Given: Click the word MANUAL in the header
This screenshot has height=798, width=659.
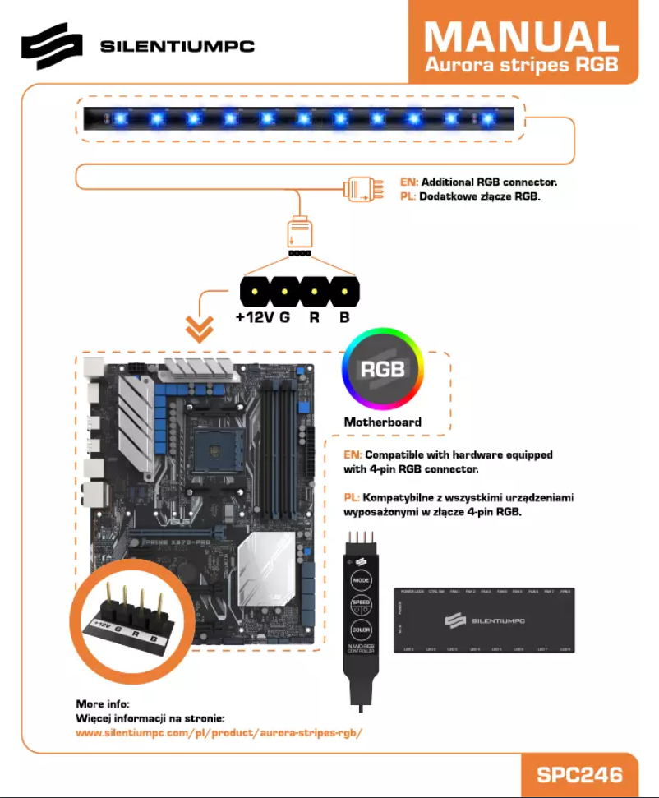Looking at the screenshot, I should pyautogui.click(x=522, y=37).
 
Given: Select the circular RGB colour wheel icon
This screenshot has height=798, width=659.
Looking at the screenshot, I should pyautogui.click(x=383, y=370).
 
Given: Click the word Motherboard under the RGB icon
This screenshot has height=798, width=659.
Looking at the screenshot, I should pyautogui.click(x=382, y=422).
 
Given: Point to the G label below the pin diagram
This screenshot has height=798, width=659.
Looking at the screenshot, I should pyautogui.click(x=284, y=318).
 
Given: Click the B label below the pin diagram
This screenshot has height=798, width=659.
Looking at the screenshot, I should pyautogui.click(x=344, y=318).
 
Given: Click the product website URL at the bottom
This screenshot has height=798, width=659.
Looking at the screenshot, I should pyautogui.click(x=219, y=732).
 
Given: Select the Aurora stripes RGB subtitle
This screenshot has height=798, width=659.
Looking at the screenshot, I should pyautogui.click(x=522, y=65).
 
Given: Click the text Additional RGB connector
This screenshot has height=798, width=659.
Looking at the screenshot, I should pyautogui.click(x=490, y=182).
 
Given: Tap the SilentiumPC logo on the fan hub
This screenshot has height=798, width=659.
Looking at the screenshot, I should pyautogui.click(x=485, y=620).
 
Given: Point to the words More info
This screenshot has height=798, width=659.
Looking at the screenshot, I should pyautogui.click(x=103, y=704).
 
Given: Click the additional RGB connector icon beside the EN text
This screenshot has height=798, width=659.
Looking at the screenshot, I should pyautogui.click(x=361, y=191).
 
